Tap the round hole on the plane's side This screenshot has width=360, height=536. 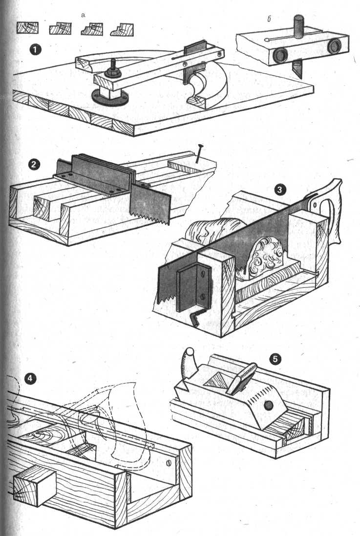pos(268,405)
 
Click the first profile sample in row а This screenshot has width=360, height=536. pos(28,28)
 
